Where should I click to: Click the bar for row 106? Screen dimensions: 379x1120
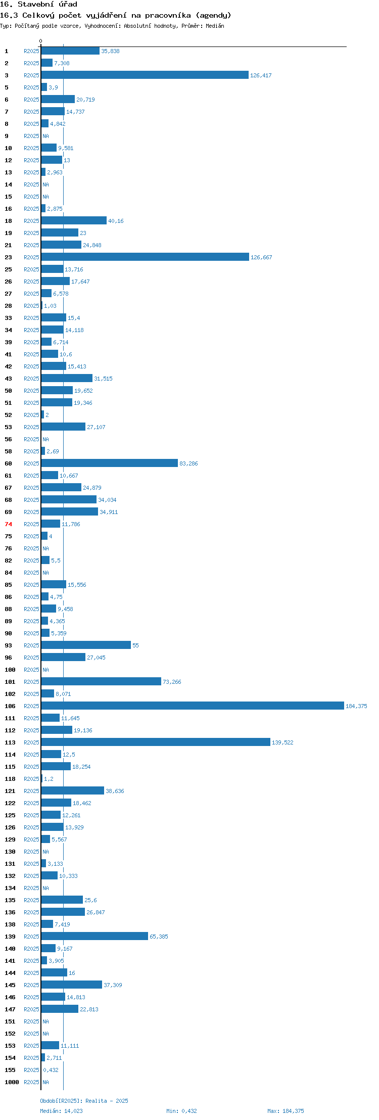click(x=193, y=706)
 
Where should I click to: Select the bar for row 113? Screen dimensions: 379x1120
click(x=156, y=742)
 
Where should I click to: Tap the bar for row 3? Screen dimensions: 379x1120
click(x=145, y=75)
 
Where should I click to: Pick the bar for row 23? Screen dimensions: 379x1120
click(x=145, y=257)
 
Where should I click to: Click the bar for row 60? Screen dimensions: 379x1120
click(x=110, y=463)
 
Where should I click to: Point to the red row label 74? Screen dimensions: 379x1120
click(x=9, y=524)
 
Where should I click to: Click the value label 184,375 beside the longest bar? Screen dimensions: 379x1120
click(x=356, y=706)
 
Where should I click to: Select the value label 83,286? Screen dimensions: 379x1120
click(x=188, y=463)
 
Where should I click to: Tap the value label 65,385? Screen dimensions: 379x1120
click(x=159, y=937)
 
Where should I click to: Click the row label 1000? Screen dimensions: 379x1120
click(x=12, y=1082)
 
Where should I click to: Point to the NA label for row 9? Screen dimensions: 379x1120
click(x=46, y=136)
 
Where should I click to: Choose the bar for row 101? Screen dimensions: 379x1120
click(x=101, y=681)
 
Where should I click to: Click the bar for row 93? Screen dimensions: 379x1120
click(x=86, y=645)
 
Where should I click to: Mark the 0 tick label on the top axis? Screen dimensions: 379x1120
click(x=41, y=41)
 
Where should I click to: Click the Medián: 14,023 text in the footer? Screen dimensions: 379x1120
click(x=62, y=1111)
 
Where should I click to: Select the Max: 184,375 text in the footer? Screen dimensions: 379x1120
click(x=286, y=1111)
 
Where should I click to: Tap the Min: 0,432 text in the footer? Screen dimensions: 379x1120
click(x=182, y=1111)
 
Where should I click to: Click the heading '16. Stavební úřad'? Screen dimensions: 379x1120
click(x=38, y=5)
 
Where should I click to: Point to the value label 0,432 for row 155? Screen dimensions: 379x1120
click(x=51, y=1070)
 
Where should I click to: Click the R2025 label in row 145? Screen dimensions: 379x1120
click(x=31, y=985)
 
